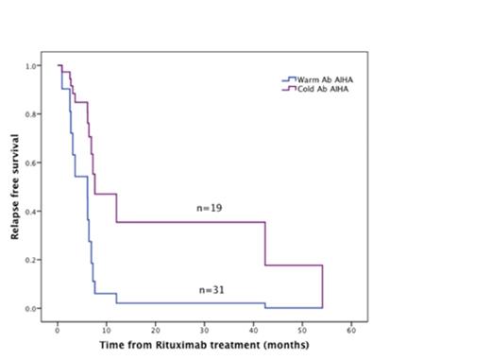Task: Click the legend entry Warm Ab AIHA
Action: (315, 78)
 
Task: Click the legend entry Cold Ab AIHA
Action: (314, 88)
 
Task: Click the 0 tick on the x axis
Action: (58, 331)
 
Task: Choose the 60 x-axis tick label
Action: (351, 331)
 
